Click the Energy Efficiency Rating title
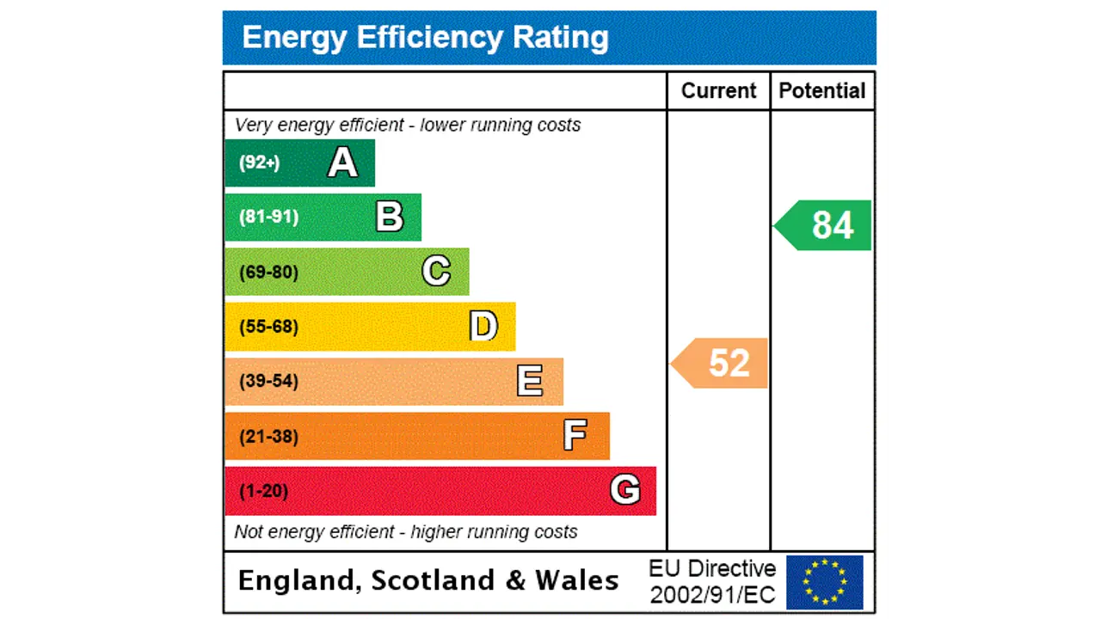point(425,38)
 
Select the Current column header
point(718,91)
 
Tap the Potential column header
point(822,91)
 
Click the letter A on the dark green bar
point(342,162)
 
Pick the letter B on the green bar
point(389,217)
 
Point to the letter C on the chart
point(436,272)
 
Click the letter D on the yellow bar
point(483,327)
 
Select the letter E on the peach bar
point(530,381)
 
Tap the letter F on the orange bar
point(575,436)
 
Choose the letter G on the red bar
point(625,490)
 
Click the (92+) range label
point(259,162)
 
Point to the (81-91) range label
point(268,217)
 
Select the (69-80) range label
point(268,273)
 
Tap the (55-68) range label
point(268,327)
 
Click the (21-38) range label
point(268,437)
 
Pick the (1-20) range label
point(263,491)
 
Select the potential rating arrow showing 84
point(824,225)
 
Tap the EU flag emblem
point(824,582)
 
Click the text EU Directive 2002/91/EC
point(712,582)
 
